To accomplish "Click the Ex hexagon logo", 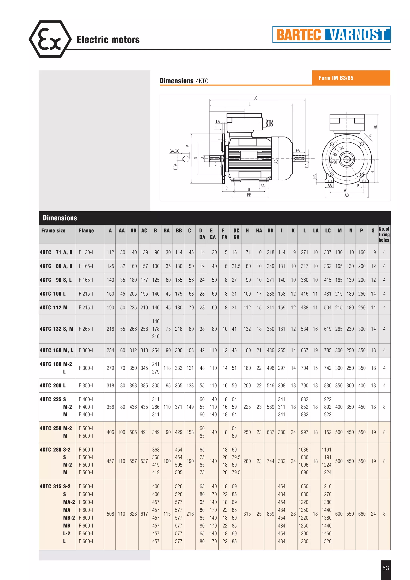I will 50,39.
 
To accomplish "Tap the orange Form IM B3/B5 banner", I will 351,78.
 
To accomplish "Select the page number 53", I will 386,568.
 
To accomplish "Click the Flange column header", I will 86,231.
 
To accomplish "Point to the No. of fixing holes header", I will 384,234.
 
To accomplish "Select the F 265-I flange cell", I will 86,329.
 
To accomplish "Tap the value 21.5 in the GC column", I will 236,266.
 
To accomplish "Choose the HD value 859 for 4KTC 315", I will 270,514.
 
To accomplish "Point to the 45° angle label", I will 336,154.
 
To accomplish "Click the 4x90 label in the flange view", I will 334,162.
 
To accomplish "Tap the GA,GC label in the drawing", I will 174,151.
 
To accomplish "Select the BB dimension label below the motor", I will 249,195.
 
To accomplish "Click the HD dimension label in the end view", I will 375,127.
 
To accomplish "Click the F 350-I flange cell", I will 86,385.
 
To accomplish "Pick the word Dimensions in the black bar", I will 60,218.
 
